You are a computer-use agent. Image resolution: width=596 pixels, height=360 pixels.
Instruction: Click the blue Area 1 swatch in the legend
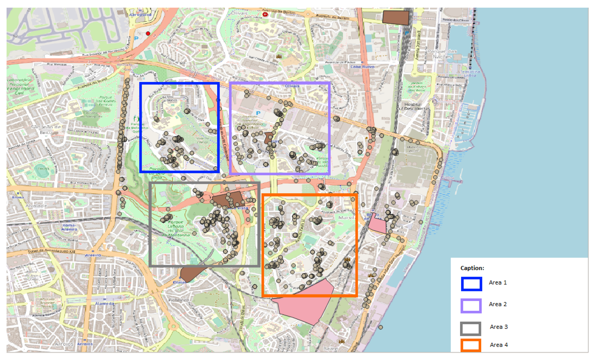click(x=471, y=284)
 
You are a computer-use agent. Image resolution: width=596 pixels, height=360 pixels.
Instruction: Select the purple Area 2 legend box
click(x=471, y=306)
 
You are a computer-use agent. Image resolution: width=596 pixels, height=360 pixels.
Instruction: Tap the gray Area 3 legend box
click(x=470, y=329)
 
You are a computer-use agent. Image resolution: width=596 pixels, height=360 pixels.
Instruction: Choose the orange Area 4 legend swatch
click(x=470, y=345)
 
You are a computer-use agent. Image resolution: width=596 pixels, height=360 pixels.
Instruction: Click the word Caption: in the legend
click(x=472, y=268)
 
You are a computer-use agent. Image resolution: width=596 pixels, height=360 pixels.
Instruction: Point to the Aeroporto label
click(x=140, y=14)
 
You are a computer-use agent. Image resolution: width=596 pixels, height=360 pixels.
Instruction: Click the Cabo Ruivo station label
click(x=362, y=67)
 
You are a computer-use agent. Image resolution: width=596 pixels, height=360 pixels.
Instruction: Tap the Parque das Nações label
click(x=442, y=54)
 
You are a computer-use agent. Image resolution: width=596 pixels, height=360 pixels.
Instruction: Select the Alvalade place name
click(x=36, y=206)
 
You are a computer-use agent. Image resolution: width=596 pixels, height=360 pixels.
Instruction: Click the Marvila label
click(x=347, y=218)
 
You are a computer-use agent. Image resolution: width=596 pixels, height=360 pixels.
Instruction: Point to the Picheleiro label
click(x=179, y=300)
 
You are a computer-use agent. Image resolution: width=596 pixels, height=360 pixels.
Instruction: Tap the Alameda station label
click(x=105, y=303)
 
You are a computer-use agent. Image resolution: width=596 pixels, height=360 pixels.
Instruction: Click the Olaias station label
click(x=179, y=282)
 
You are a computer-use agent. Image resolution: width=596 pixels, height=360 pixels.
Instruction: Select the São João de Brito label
click(x=46, y=130)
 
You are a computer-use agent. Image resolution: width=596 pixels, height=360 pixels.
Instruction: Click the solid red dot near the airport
click(x=148, y=33)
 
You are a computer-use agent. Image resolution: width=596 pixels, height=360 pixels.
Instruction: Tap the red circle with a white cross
click(x=265, y=14)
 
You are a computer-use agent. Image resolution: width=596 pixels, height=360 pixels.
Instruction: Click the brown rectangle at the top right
click(x=396, y=17)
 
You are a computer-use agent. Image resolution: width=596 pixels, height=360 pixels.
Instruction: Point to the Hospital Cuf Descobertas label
click(x=413, y=106)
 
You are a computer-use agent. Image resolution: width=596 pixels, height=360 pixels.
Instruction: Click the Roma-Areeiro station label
click(x=69, y=227)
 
